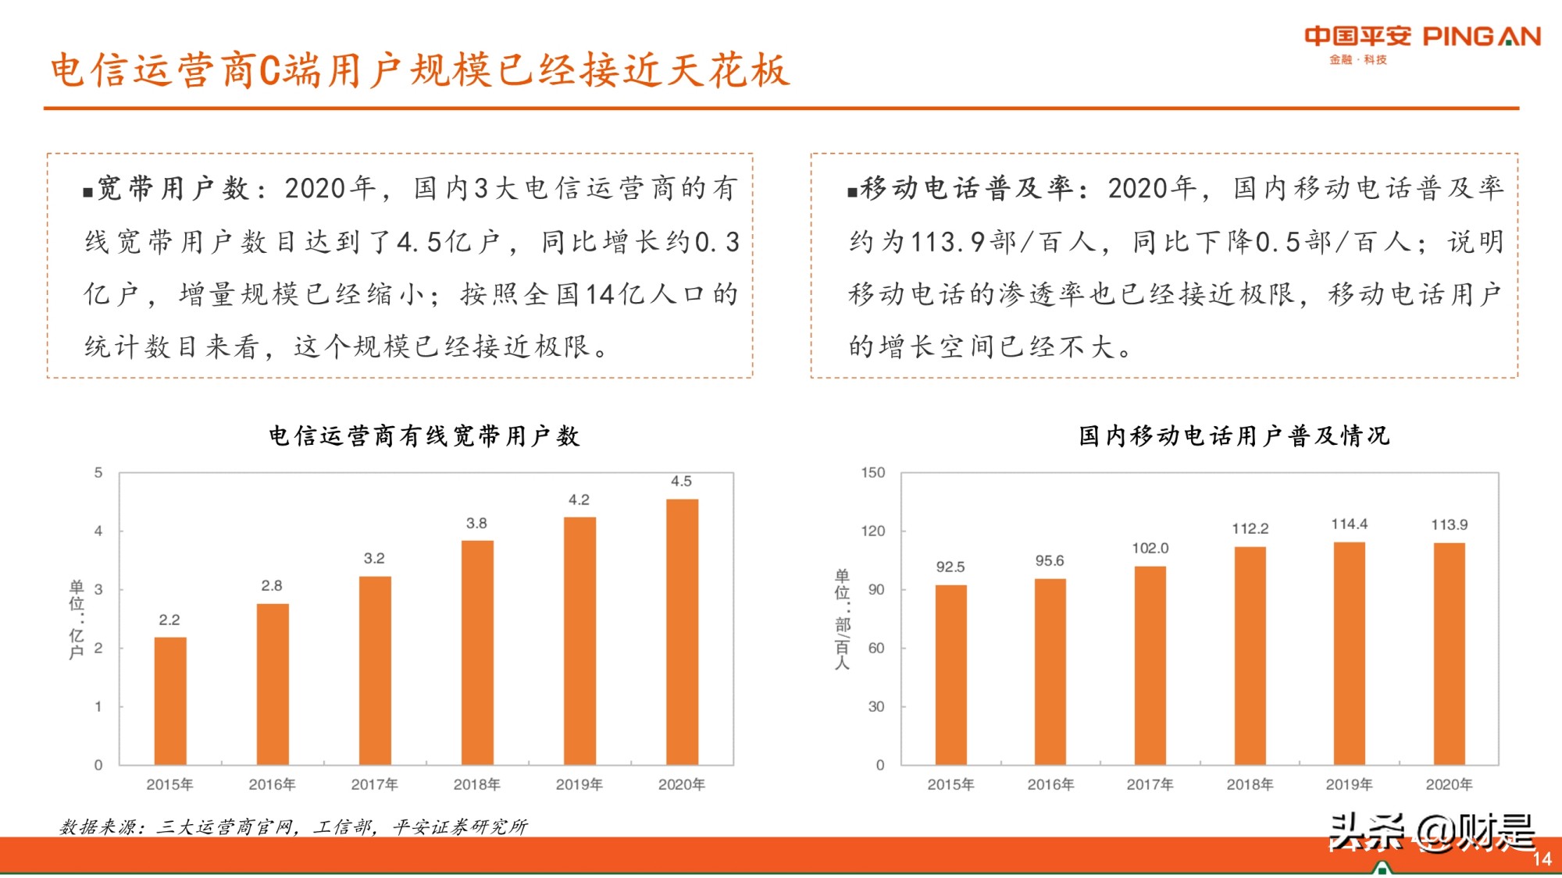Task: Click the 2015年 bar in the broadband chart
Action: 169,701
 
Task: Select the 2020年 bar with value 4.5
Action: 682,632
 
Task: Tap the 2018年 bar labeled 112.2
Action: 1250,656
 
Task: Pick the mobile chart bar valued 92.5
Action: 950,675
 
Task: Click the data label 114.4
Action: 1349,524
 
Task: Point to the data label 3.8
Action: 476,524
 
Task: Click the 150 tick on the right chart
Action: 872,473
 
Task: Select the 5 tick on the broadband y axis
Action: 98,473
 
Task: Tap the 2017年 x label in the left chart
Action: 374,784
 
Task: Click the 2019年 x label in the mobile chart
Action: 1349,784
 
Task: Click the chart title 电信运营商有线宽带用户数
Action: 424,435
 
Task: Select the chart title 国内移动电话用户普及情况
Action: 1234,435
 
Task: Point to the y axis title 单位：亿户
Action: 76,619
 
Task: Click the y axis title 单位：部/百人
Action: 842,619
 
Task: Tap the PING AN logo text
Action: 1481,37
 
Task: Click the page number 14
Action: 1541,859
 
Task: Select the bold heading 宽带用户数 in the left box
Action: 172,188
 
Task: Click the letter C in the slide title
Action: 269,71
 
